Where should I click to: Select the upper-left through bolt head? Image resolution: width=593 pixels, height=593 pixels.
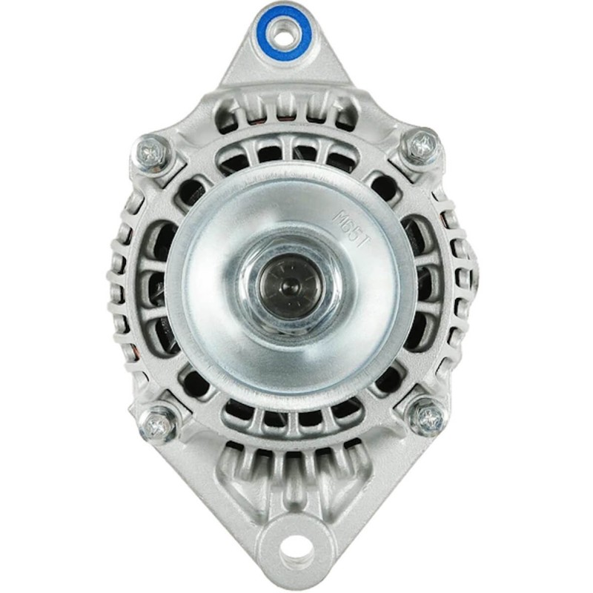click(152, 153)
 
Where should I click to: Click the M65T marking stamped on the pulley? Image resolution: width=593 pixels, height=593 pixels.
click(351, 229)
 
